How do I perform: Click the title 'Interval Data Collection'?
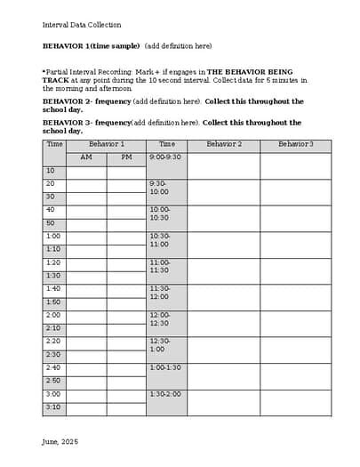point(82,25)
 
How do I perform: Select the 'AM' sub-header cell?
point(86,157)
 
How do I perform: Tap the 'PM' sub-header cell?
point(126,157)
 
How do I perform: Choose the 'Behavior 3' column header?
point(295,144)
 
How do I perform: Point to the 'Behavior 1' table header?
point(106,144)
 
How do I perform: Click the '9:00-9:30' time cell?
point(165,157)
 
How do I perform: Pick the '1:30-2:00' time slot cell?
point(165,394)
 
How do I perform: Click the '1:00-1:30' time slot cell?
point(165,367)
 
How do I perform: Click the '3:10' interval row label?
point(53,407)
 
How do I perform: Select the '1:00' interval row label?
point(53,237)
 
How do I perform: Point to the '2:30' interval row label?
point(53,355)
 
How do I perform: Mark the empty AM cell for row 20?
point(86,184)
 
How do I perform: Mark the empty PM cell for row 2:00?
point(126,316)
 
